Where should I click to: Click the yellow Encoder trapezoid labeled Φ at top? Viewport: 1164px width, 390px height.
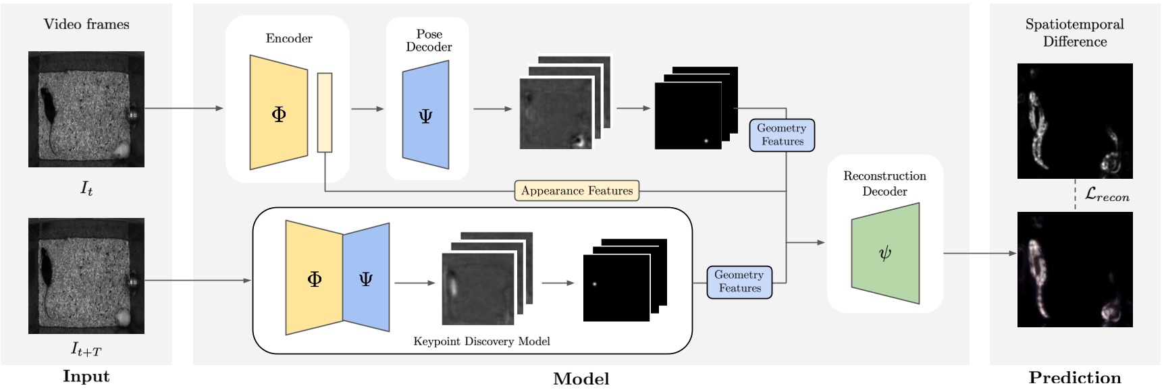tap(278, 113)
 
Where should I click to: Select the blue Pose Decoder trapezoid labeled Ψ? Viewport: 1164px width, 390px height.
tap(425, 115)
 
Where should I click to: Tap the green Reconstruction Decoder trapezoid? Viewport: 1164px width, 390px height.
tap(885, 253)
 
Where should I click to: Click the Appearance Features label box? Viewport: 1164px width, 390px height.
tap(577, 191)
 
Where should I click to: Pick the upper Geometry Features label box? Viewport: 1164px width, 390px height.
tap(782, 135)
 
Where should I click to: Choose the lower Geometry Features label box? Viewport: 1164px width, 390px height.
tap(739, 281)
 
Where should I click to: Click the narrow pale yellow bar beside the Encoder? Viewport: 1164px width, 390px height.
tap(325, 113)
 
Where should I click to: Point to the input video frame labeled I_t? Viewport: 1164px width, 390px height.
tap(86, 109)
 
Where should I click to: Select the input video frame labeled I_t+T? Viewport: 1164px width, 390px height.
tap(86, 275)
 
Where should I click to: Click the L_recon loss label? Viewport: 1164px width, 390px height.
tap(1107, 195)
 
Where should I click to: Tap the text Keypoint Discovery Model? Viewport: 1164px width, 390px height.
tap(481, 341)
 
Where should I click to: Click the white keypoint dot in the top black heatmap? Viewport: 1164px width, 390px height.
tap(706, 141)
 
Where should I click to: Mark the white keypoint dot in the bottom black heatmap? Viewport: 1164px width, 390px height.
tap(595, 284)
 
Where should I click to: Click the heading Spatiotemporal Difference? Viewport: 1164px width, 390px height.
tap(1074, 32)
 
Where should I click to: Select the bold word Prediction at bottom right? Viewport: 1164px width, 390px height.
tap(1074, 377)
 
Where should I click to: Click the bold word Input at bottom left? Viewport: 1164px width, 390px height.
tap(86, 377)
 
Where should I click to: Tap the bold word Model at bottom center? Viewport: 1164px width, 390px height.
tap(581, 379)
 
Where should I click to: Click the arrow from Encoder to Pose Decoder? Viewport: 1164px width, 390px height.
tap(368, 109)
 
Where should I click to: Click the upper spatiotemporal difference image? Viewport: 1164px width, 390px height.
tap(1074, 121)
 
